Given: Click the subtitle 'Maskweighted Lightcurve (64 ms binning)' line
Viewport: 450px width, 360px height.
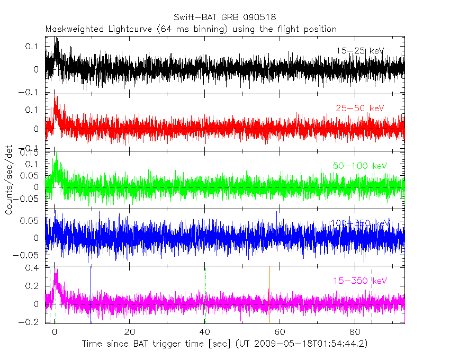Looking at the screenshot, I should (191, 29).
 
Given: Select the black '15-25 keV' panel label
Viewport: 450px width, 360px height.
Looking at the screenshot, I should (359, 51).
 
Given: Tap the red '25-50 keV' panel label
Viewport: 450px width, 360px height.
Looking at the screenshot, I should (359, 108).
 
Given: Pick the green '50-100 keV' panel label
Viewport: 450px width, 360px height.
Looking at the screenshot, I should (361, 166).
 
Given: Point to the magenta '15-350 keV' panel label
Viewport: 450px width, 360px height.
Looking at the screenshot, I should (361, 281).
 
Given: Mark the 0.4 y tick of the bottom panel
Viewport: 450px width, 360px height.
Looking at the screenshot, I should (33, 268).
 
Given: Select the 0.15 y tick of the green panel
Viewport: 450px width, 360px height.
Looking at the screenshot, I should (30, 153).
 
